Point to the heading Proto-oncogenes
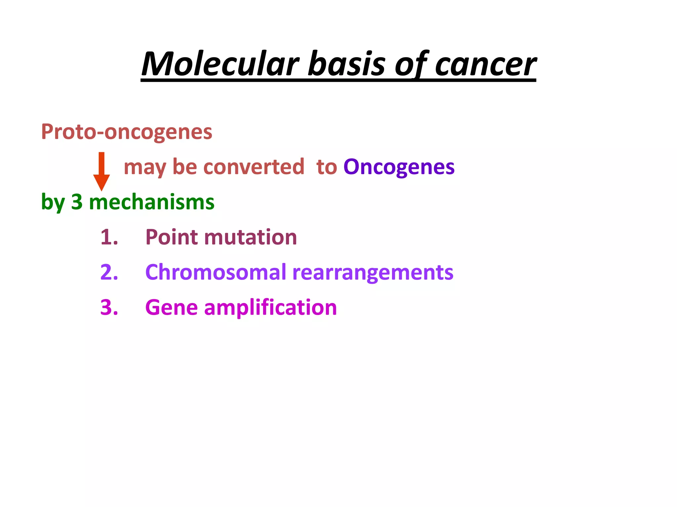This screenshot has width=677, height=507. pyautogui.click(x=126, y=132)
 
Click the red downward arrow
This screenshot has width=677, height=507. pyautogui.click(x=101, y=172)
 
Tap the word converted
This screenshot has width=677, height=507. pyautogui.click(x=254, y=167)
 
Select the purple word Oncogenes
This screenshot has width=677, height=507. pyautogui.click(x=399, y=167)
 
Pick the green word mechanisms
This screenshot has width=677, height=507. pyautogui.click(x=152, y=202)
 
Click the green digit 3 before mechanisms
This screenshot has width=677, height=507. pyautogui.click(x=77, y=202)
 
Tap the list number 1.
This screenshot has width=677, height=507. pyautogui.click(x=109, y=237)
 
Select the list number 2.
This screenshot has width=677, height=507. pyautogui.click(x=109, y=273)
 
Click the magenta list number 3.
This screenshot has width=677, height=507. pyautogui.click(x=109, y=308)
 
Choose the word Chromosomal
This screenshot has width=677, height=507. pyautogui.click(x=216, y=273)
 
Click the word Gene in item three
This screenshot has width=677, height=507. pyautogui.click(x=172, y=308)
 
